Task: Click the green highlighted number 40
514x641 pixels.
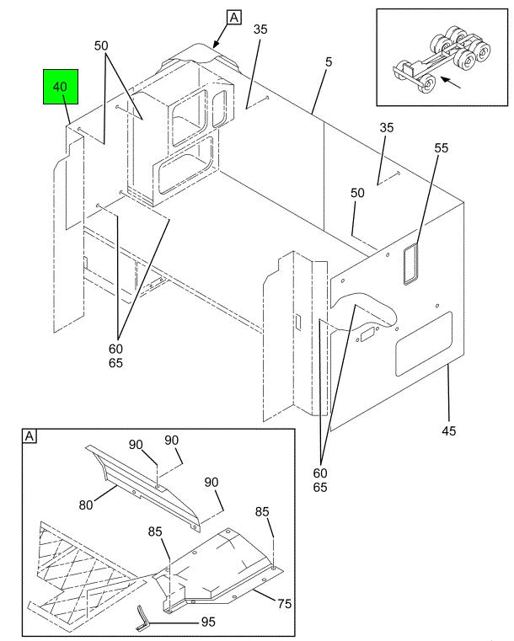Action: (62, 88)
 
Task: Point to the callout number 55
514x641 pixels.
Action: (442, 147)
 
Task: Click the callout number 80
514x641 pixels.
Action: (87, 505)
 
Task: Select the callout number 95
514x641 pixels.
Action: (207, 622)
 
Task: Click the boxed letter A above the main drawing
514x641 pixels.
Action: (233, 17)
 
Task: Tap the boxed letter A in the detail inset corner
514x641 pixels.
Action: (29, 436)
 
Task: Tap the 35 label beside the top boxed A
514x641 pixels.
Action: (260, 29)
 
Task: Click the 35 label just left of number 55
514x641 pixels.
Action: (387, 128)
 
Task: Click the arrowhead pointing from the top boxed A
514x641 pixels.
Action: (215, 43)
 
